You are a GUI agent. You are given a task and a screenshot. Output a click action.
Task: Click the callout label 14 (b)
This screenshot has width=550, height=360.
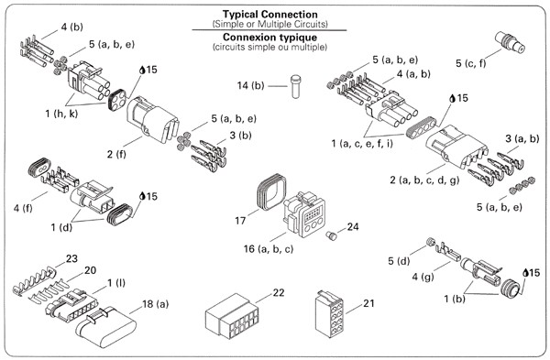250,85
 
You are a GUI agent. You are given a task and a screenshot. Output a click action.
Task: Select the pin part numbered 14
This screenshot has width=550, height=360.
296,86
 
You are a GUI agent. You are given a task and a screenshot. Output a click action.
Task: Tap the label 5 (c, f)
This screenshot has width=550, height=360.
471,63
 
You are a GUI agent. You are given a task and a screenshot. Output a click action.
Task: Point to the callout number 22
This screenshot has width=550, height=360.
278,292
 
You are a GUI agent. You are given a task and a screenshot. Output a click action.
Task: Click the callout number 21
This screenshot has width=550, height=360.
368,303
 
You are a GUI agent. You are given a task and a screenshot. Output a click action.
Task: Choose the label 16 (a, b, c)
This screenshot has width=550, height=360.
269,249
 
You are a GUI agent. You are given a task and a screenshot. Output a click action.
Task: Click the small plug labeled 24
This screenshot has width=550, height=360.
331,236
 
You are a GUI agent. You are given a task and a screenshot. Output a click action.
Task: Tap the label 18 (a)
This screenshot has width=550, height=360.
156,304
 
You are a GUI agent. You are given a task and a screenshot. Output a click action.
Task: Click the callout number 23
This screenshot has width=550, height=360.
71,258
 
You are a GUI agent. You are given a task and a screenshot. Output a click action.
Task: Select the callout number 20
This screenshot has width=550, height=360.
90,270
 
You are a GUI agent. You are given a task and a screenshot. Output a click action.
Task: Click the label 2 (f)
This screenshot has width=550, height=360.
116,154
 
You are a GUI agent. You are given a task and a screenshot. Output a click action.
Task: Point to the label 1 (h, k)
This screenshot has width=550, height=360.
61,114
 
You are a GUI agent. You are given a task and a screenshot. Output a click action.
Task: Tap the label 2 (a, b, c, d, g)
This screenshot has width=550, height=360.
424,180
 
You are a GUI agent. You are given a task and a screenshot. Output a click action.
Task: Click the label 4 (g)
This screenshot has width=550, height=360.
423,277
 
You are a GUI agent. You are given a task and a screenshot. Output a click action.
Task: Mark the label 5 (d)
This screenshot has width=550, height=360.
399,261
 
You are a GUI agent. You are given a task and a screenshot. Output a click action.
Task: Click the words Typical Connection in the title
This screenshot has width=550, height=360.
270,15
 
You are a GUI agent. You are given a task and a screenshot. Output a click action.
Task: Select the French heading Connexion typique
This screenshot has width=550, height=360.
269,38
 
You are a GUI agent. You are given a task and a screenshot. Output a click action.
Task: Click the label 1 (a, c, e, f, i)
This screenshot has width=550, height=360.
362,143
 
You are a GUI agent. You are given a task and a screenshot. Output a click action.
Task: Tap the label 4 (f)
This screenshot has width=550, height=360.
23,208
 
